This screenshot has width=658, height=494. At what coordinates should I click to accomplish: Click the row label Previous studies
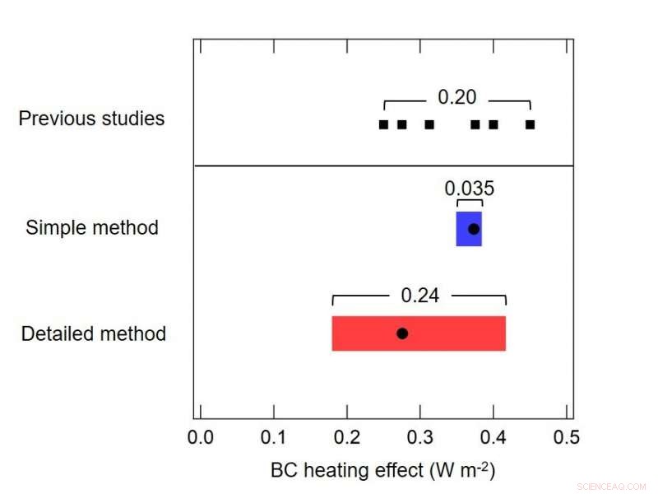(91, 119)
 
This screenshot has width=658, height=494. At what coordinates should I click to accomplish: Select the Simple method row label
(92, 227)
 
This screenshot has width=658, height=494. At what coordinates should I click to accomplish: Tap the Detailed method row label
(94, 333)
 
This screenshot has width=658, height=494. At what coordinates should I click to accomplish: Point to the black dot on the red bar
(402, 333)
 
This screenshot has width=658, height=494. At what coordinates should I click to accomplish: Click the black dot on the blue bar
(474, 229)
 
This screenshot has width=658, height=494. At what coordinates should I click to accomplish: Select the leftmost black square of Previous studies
(383, 124)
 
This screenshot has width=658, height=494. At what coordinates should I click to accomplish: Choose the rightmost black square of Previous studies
(531, 124)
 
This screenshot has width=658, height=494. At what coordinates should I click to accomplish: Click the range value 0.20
(456, 97)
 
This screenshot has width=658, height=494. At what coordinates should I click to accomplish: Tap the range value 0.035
(469, 188)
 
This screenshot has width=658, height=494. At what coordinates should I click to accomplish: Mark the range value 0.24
(419, 295)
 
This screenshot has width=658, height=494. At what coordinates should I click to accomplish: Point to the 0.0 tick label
(201, 438)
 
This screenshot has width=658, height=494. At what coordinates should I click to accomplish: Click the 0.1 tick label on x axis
(274, 438)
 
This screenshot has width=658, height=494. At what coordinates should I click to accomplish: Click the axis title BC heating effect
(382, 470)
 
